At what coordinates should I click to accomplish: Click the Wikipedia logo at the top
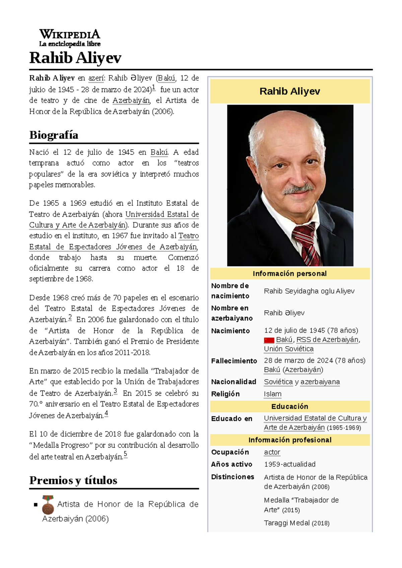click(x=70, y=37)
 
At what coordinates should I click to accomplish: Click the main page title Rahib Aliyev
click(x=75, y=58)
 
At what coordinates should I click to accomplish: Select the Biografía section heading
click(x=54, y=135)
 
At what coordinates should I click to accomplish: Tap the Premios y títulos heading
click(x=73, y=480)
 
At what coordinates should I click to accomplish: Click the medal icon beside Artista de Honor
click(x=48, y=505)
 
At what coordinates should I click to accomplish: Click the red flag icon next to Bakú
click(x=269, y=340)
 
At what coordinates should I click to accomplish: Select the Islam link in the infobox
click(x=272, y=394)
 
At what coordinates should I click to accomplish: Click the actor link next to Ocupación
click(x=272, y=452)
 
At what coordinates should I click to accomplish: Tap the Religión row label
click(x=225, y=394)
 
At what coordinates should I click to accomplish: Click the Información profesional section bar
click(x=290, y=440)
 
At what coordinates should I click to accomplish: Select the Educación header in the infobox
click(x=290, y=406)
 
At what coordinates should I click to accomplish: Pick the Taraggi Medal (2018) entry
click(x=296, y=523)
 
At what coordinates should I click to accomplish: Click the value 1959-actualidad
click(x=289, y=464)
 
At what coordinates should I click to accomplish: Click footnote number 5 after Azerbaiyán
click(x=125, y=454)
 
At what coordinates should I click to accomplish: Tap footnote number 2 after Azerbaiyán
click(x=70, y=317)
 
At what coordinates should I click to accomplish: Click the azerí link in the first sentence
click(x=96, y=78)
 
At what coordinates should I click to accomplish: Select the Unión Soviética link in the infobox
click(x=288, y=349)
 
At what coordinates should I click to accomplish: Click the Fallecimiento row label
click(x=234, y=361)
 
